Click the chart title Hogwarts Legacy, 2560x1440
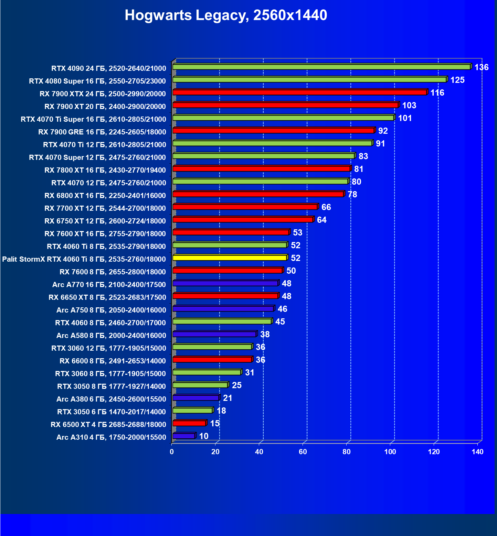(226, 15)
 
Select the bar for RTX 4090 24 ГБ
(321, 67)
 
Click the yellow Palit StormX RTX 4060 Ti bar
(230, 258)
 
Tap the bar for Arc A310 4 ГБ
(184, 436)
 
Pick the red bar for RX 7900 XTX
(299, 92)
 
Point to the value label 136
(481, 67)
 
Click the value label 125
(457, 80)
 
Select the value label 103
(409, 106)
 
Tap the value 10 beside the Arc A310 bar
(204, 436)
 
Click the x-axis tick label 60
(303, 452)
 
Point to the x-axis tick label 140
(478, 452)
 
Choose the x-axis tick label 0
(172, 452)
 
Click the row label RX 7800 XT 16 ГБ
(105, 170)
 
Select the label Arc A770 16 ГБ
(109, 285)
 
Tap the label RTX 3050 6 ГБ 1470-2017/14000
(111, 412)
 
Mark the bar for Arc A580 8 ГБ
(214, 334)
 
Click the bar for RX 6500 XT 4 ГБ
(189, 423)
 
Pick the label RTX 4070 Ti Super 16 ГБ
(93, 119)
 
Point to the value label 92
(383, 131)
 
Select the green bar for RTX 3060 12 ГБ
(212, 347)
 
